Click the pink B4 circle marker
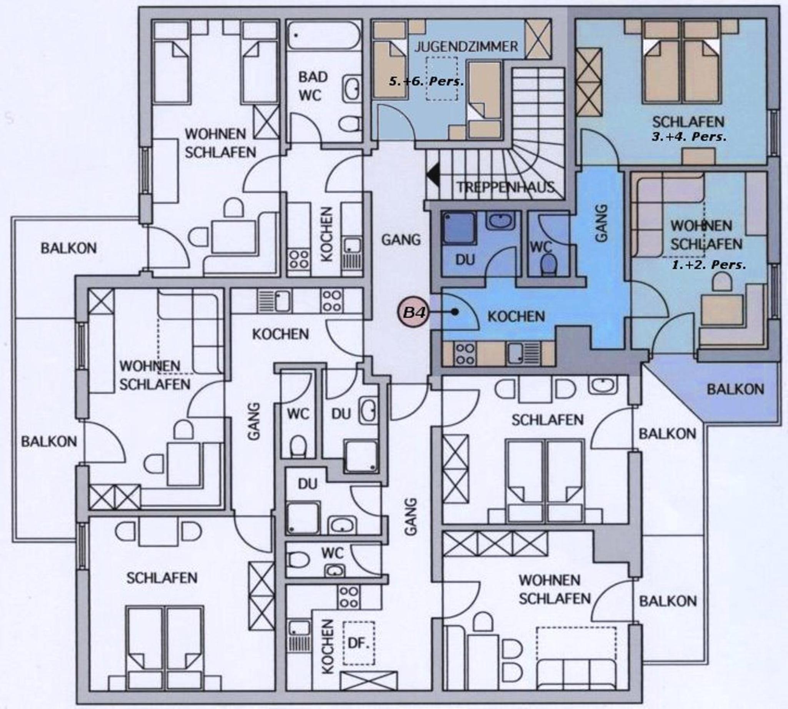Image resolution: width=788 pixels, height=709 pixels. (413, 312)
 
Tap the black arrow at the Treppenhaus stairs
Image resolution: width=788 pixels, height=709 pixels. (433, 175)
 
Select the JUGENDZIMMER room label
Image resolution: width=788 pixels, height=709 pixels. (466, 47)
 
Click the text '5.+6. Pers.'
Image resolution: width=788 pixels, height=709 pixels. (426, 82)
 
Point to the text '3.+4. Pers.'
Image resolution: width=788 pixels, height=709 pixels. (689, 137)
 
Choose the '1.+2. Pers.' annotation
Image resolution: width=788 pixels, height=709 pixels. (709, 265)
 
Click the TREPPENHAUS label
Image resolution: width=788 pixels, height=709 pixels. (505, 187)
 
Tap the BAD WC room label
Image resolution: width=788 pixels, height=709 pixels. (313, 86)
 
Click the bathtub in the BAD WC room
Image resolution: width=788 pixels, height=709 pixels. (325, 36)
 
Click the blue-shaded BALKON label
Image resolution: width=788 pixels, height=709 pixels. (735, 390)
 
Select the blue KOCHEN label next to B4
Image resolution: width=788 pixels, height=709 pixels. (516, 316)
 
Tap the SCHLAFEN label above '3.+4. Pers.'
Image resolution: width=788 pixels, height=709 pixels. (688, 122)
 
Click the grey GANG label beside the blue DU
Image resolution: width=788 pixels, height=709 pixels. (401, 240)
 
